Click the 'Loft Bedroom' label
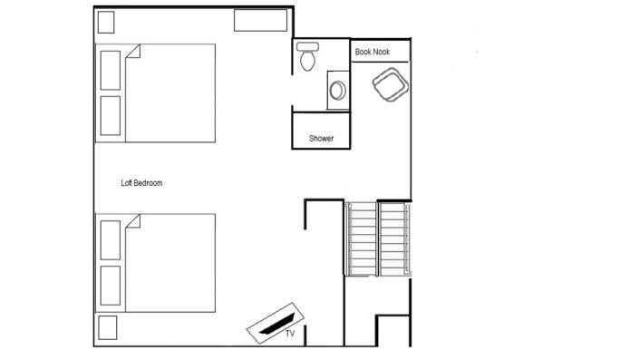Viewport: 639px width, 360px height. pyautogui.click(x=141, y=183)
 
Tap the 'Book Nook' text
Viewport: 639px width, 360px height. pyautogui.click(x=373, y=52)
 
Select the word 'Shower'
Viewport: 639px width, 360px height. pyautogui.click(x=321, y=138)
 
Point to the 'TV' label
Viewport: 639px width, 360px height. pyautogui.click(x=290, y=334)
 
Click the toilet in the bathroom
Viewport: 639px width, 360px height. pyautogui.click(x=307, y=56)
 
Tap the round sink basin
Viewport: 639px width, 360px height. pyautogui.click(x=338, y=90)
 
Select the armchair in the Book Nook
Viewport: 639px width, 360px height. pyautogui.click(x=391, y=84)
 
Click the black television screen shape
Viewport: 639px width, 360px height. pyautogui.click(x=276, y=324)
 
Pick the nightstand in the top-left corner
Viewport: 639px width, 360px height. pyautogui.click(x=106, y=22)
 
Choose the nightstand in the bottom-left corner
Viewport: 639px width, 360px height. pyautogui.click(x=108, y=327)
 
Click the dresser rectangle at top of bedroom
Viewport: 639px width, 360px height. pyautogui.click(x=260, y=20)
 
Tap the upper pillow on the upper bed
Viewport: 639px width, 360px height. pyautogui.click(x=111, y=70)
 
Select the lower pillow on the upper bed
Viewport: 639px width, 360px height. pyautogui.click(x=111, y=115)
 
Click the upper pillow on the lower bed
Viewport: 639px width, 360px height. pyautogui.click(x=111, y=240)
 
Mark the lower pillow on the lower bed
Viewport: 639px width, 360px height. pyautogui.click(x=111, y=286)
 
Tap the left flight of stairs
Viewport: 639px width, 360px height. pyautogui.click(x=362, y=238)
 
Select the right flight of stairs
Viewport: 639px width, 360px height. pyautogui.click(x=394, y=238)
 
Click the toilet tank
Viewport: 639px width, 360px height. pyautogui.click(x=307, y=46)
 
